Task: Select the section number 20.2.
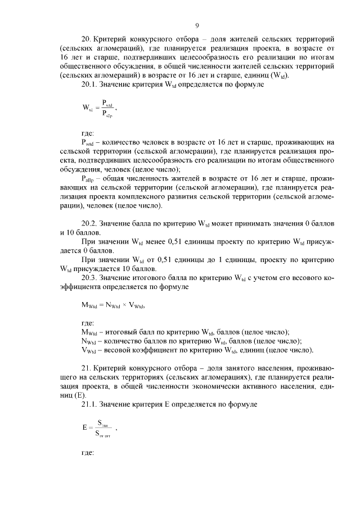[89, 223]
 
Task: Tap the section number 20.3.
[89, 277]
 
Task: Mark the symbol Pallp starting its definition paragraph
[88, 178]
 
